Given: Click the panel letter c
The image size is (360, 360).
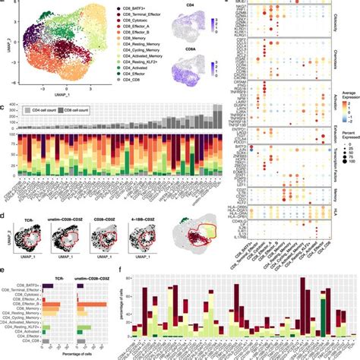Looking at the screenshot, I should tap(4, 109).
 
